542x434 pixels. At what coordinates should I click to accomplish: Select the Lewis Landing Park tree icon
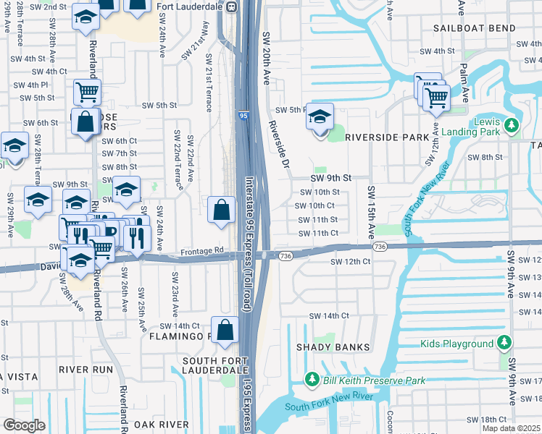point(512,126)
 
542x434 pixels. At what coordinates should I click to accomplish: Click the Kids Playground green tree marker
point(504,343)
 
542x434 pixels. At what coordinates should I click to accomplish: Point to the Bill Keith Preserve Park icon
point(312,379)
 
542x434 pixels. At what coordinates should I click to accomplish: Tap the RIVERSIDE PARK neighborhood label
point(377,137)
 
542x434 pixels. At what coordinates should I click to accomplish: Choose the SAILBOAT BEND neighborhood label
point(475,28)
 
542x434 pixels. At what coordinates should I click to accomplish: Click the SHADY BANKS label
point(333,347)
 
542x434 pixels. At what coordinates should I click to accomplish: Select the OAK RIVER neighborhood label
point(158,425)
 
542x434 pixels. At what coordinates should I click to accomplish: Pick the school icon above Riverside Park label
point(320,116)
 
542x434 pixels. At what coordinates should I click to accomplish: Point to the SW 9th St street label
point(330,177)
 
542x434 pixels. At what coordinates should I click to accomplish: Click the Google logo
point(24,425)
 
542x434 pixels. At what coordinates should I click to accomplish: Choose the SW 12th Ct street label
point(351,261)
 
